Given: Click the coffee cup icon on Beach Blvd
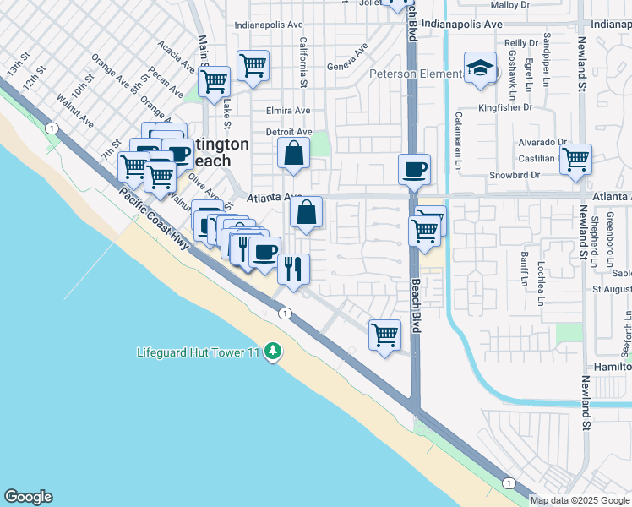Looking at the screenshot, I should coord(414,168).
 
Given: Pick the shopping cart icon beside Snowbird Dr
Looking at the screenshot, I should coord(575,158).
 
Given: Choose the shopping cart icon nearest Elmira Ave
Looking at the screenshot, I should coord(253,65).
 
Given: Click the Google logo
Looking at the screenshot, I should coord(28,497).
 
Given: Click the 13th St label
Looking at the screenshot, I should coord(18,66).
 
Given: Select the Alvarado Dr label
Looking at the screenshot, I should coord(542,142).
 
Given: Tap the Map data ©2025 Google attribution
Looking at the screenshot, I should coord(580,500).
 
